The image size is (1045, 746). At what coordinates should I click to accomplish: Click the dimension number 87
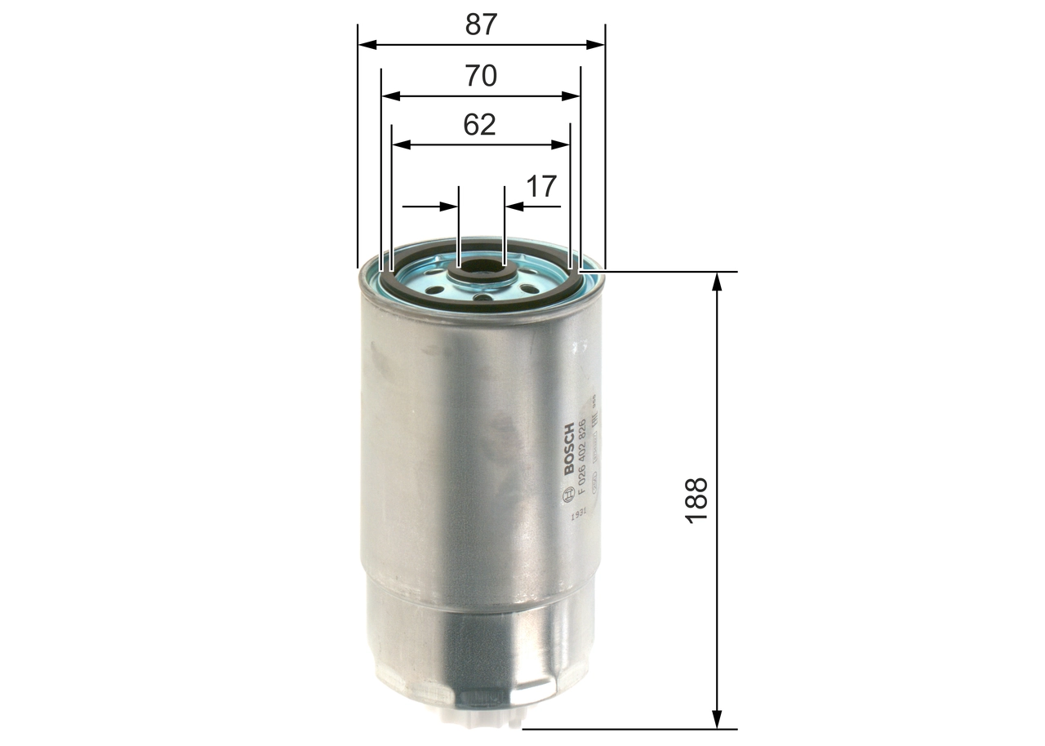(x=481, y=24)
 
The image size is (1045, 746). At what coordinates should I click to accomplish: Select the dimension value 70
(x=481, y=76)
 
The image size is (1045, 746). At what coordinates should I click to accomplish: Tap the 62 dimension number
(x=480, y=125)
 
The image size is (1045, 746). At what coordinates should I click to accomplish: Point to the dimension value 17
(x=540, y=187)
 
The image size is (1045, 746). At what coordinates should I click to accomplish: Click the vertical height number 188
(x=696, y=500)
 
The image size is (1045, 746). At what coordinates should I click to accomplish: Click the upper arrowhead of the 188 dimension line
(x=717, y=282)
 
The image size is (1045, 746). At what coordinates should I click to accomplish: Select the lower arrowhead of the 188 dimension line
(x=717, y=718)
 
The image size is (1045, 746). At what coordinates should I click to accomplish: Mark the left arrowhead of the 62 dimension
(x=401, y=144)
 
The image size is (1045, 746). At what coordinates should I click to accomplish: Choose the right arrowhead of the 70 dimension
(x=571, y=95)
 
